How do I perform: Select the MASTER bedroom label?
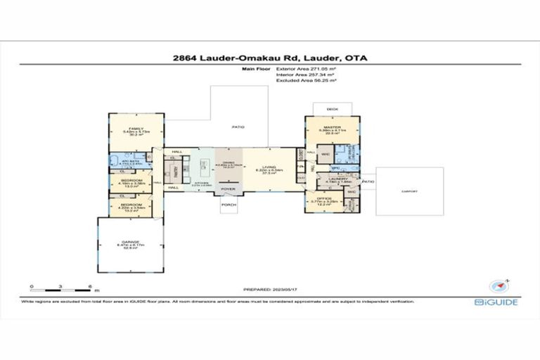(333, 127)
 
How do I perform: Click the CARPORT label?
(409, 191)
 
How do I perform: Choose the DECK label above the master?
(333, 109)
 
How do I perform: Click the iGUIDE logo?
(499, 302)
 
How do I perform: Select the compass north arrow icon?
(498, 285)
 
